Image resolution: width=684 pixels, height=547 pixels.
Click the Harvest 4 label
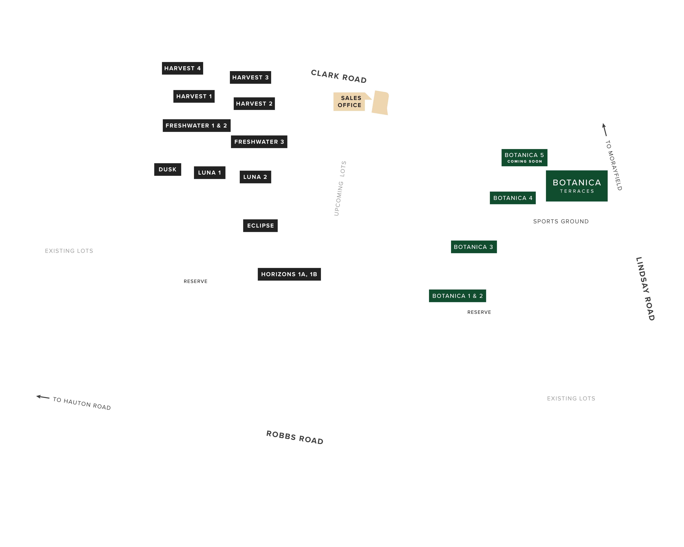(x=182, y=68)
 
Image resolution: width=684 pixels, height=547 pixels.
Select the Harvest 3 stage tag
(x=250, y=77)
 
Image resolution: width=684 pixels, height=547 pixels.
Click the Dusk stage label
(x=167, y=169)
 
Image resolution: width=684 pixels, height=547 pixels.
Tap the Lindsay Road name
(x=645, y=289)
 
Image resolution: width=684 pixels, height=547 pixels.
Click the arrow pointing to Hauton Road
(x=43, y=397)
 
